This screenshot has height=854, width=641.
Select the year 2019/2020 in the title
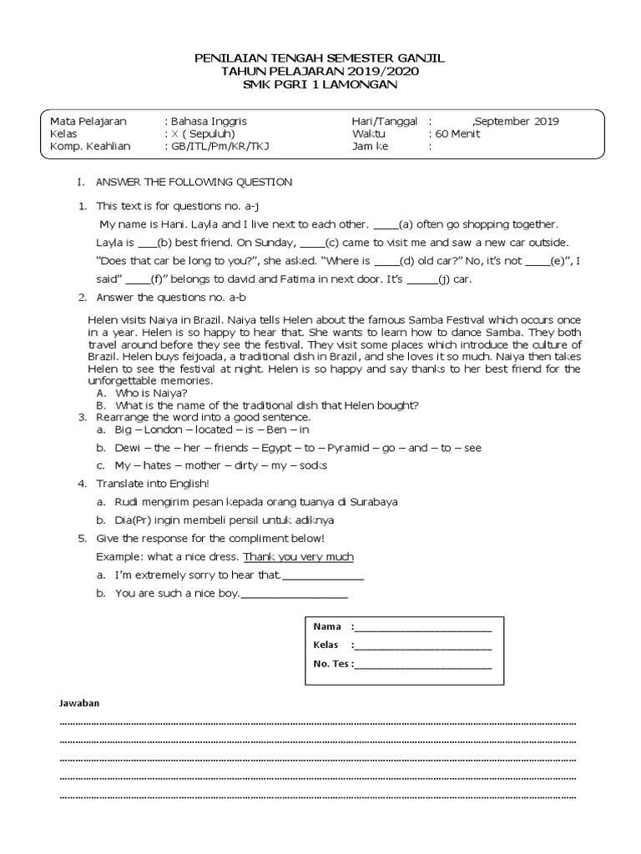click(x=386, y=72)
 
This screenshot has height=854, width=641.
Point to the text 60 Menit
click(x=457, y=134)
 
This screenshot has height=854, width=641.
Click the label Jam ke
click(x=370, y=148)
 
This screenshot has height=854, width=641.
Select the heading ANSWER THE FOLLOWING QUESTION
click(x=194, y=182)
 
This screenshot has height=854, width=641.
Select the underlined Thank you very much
click(x=298, y=556)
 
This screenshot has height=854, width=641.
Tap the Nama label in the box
click(x=327, y=626)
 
